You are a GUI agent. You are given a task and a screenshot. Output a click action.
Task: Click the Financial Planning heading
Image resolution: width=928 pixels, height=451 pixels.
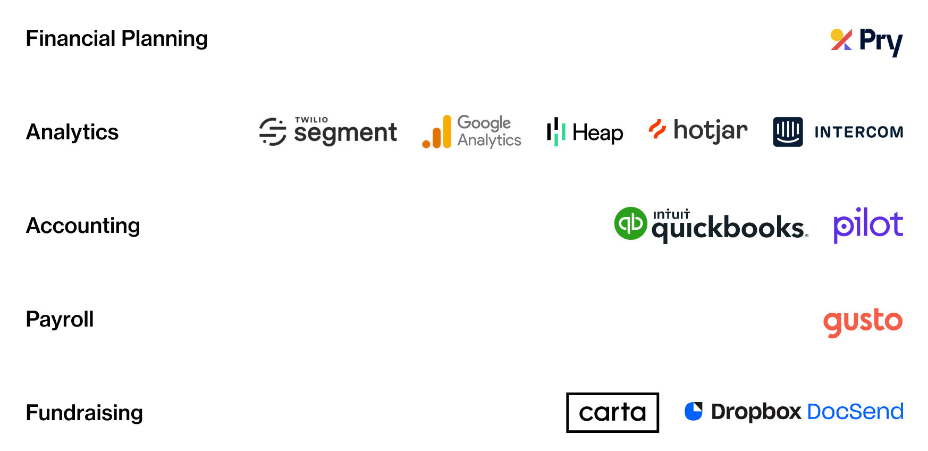tap(117, 39)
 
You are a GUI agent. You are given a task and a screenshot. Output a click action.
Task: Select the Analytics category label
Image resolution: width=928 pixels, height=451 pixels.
tap(72, 132)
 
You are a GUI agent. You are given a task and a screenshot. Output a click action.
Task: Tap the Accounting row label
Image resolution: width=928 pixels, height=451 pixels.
tap(83, 226)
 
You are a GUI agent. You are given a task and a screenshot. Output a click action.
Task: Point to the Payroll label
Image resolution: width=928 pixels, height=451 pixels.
tap(60, 319)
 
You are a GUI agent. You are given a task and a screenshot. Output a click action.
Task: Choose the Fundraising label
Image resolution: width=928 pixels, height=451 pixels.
tap(85, 413)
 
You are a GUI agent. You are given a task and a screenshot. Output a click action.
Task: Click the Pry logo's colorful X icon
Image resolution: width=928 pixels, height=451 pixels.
tap(841, 39)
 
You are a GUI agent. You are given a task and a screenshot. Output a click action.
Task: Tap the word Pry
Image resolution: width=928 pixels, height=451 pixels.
tap(881, 41)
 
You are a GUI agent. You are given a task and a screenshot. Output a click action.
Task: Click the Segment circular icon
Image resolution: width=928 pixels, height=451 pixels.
tap(273, 131)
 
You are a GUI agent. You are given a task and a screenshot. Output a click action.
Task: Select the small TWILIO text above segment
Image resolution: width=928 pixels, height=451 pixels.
tap(311, 120)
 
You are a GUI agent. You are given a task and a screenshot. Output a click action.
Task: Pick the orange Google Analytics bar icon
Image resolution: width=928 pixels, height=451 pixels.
tap(437, 132)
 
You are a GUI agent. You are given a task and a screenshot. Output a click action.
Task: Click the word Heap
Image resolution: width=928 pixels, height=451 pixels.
tap(598, 133)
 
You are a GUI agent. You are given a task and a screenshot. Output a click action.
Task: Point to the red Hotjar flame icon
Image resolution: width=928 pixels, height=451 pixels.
tap(657, 129)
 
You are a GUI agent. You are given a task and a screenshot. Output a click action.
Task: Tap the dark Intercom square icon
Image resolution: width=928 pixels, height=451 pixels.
tap(788, 132)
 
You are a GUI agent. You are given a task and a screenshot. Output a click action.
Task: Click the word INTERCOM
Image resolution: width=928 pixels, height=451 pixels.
tap(859, 132)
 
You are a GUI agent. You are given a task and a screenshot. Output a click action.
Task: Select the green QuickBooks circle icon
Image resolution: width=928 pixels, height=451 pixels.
tap(631, 223)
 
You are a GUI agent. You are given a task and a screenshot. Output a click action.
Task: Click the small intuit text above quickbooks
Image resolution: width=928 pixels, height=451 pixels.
tap(671, 214)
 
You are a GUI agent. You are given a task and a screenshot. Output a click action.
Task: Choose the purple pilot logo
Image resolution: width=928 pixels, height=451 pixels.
tap(868, 225)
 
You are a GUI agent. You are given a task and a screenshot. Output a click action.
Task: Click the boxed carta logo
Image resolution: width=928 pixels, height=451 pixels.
tap(612, 413)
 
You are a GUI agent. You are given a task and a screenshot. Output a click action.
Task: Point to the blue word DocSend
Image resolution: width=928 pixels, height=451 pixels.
tap(855, 412)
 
